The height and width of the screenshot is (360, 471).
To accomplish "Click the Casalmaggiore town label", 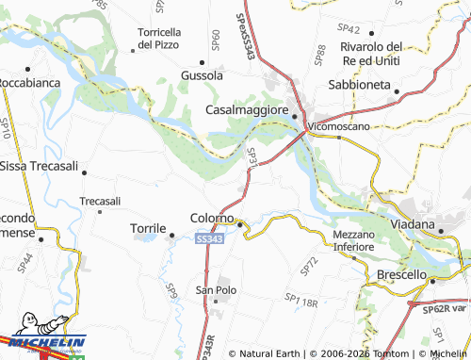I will point(247,110).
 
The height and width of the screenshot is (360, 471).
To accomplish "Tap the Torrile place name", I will point(146,228).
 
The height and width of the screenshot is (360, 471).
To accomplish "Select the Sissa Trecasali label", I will point(41,166).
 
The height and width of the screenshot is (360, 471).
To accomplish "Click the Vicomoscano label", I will point(341,125).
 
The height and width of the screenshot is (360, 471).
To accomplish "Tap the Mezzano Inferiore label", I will point(353,240).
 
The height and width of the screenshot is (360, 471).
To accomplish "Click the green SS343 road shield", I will point(210,241).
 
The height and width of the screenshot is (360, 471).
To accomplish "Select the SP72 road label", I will point(308,266).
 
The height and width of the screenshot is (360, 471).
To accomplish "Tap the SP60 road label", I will point(216,40).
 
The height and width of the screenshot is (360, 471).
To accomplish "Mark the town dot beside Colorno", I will point(240,224).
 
